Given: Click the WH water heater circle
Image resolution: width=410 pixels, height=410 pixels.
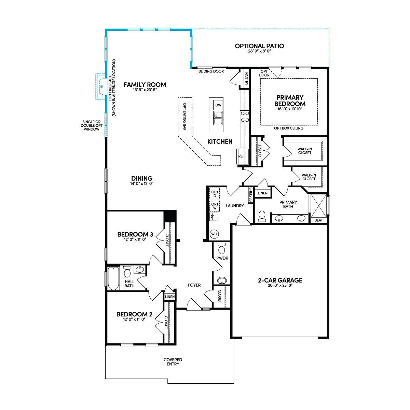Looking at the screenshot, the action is (214, 234).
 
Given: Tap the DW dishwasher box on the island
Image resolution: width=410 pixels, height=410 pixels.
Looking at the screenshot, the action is (218, 105).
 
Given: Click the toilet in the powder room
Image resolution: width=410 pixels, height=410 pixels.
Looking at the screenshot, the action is (222, 248).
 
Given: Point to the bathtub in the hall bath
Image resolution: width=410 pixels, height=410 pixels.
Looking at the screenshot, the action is (113, 278).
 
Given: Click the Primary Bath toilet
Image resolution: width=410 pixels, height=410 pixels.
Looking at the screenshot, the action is (262, 217).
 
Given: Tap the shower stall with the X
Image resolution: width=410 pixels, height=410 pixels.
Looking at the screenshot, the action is (318, 206).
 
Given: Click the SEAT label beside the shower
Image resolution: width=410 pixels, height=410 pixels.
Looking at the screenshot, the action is (318, 220).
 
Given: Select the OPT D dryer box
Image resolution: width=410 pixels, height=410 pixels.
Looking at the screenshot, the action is (215, 194).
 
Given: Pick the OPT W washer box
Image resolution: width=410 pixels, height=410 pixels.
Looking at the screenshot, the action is (215, 206).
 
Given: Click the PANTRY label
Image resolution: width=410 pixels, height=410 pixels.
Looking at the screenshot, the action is (247, 79).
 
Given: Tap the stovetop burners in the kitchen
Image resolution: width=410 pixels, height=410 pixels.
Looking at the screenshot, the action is (245, 117).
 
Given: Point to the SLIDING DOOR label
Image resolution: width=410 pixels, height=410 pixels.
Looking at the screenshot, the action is (211, 71).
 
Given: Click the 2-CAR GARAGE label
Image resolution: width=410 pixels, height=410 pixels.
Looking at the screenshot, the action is (280, 280).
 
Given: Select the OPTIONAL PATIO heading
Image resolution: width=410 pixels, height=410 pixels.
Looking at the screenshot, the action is (259, 46).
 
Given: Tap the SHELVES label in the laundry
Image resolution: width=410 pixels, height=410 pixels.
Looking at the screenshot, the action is (251, 194).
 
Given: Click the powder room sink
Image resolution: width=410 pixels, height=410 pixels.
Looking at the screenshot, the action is (222, 280).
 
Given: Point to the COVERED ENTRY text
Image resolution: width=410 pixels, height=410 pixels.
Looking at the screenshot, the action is (173, 362).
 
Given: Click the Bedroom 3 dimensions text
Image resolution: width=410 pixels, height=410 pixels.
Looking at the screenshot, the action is (135, 240).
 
